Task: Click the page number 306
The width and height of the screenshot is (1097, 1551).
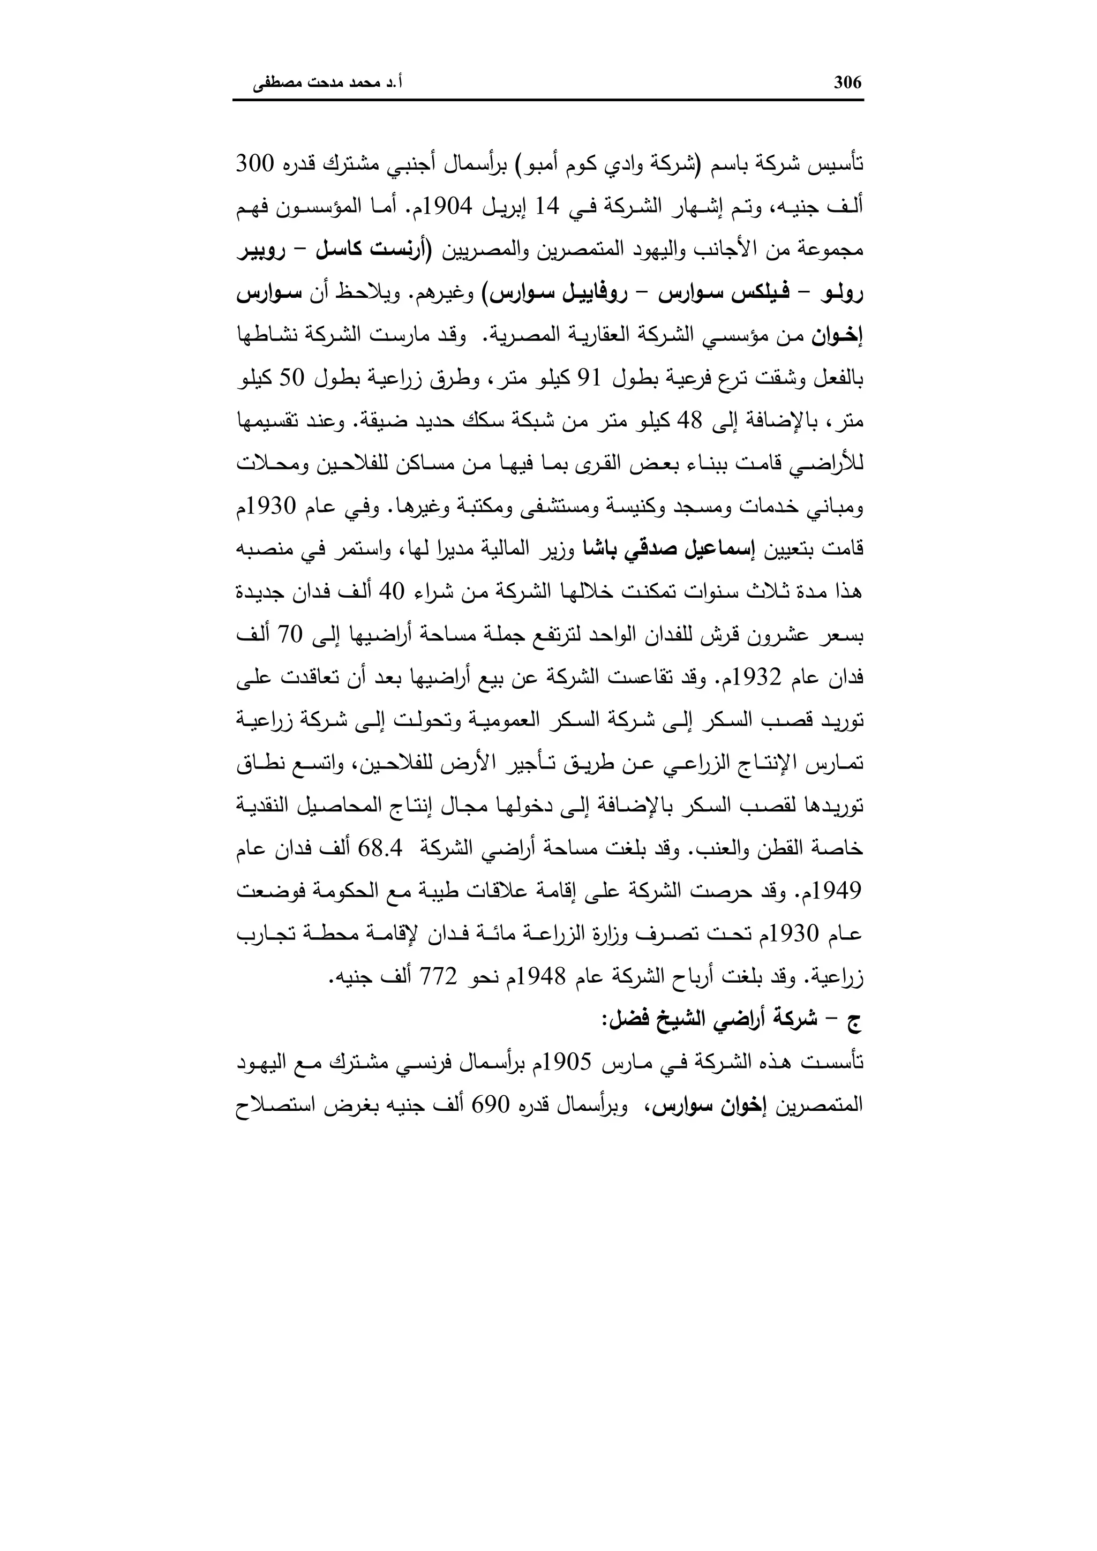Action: [x=848, y=82]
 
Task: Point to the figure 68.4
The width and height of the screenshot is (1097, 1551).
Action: [x=382, y=849]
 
